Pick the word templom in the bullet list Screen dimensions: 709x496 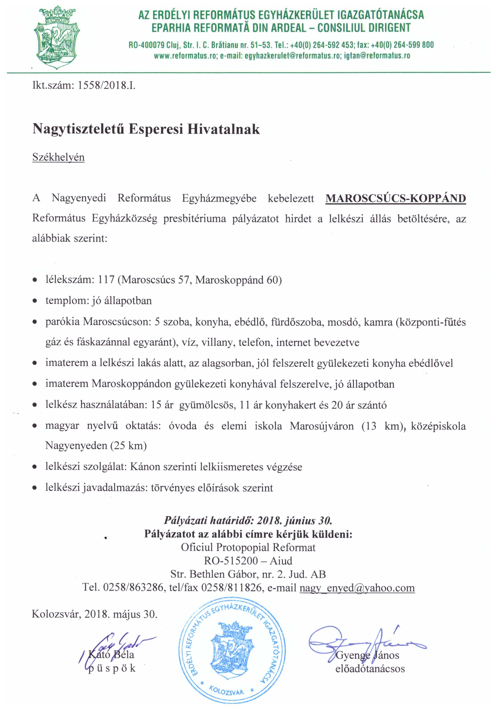click(x=67, y=301)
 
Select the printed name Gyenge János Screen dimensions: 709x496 click(x=367, y=655)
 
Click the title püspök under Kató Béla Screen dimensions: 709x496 click(x=112, y=668)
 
